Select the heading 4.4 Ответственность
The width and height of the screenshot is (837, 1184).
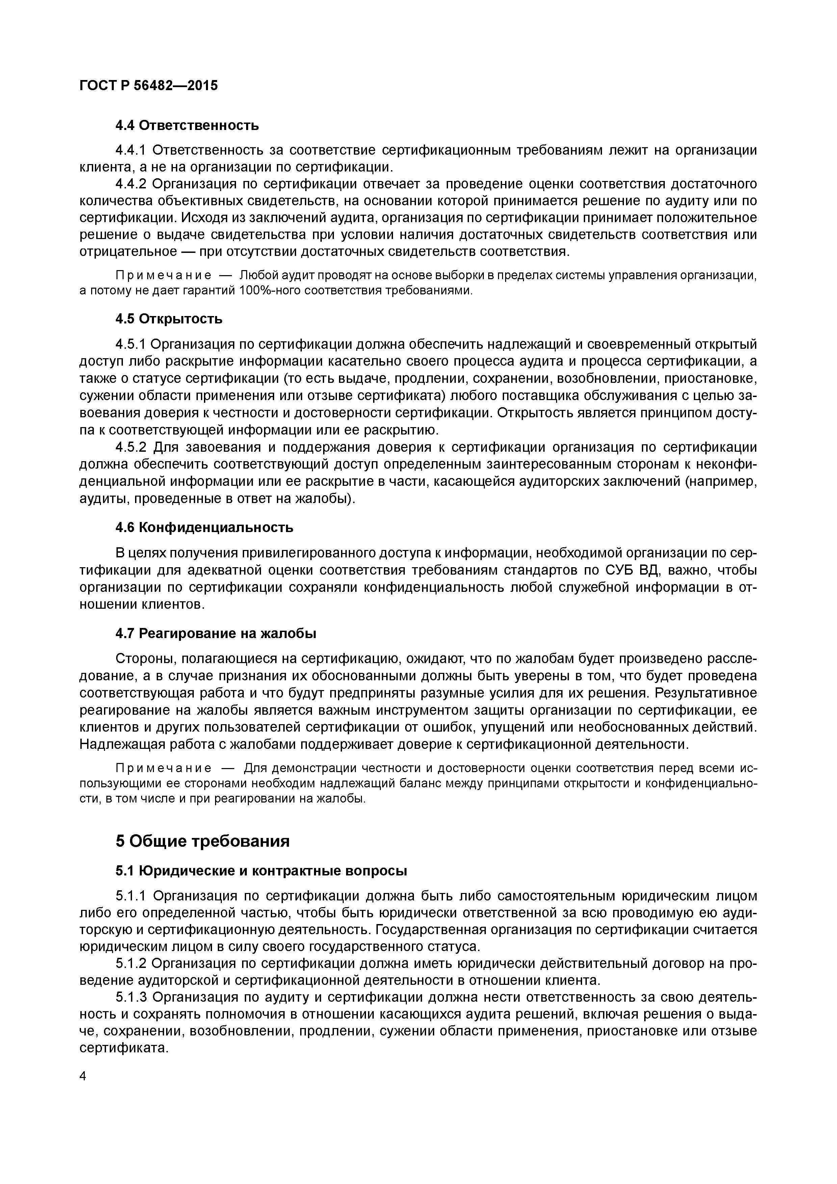click(x=187, y=125)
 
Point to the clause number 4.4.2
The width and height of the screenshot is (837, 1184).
click(x=131, y=184)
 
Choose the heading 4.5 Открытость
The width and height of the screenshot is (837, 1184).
click(x=168, y=319)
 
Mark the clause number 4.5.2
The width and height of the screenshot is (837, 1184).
click(x=131, y=447)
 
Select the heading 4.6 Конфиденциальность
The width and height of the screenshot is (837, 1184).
click(x=204, y=528)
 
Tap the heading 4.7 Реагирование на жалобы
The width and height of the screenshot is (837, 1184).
click(x=215, y=633)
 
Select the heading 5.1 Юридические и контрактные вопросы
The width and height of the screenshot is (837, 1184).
click(x=261, y=871)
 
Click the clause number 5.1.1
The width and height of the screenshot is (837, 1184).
click(x=131, y=896)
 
